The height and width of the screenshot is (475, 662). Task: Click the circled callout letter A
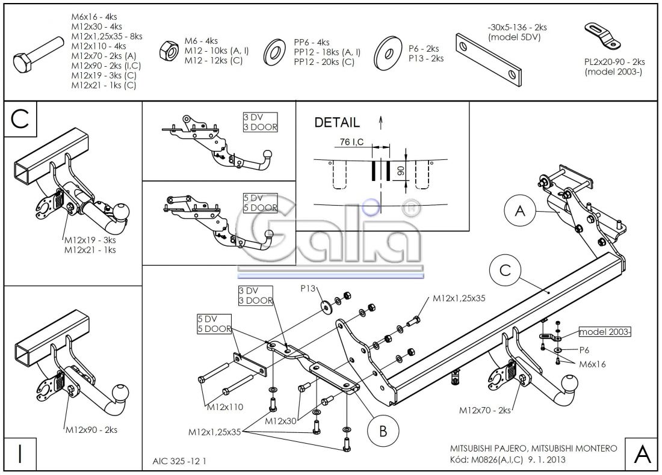coord(521,210)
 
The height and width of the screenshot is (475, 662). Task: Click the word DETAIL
coord(337,123)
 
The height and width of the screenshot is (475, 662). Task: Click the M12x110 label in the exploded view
coord(225,407)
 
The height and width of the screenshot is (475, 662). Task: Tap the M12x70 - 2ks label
coord(485,410)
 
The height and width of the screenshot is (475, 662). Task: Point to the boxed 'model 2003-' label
coord(604,332)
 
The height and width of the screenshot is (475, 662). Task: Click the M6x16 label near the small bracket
coord(592,364)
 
